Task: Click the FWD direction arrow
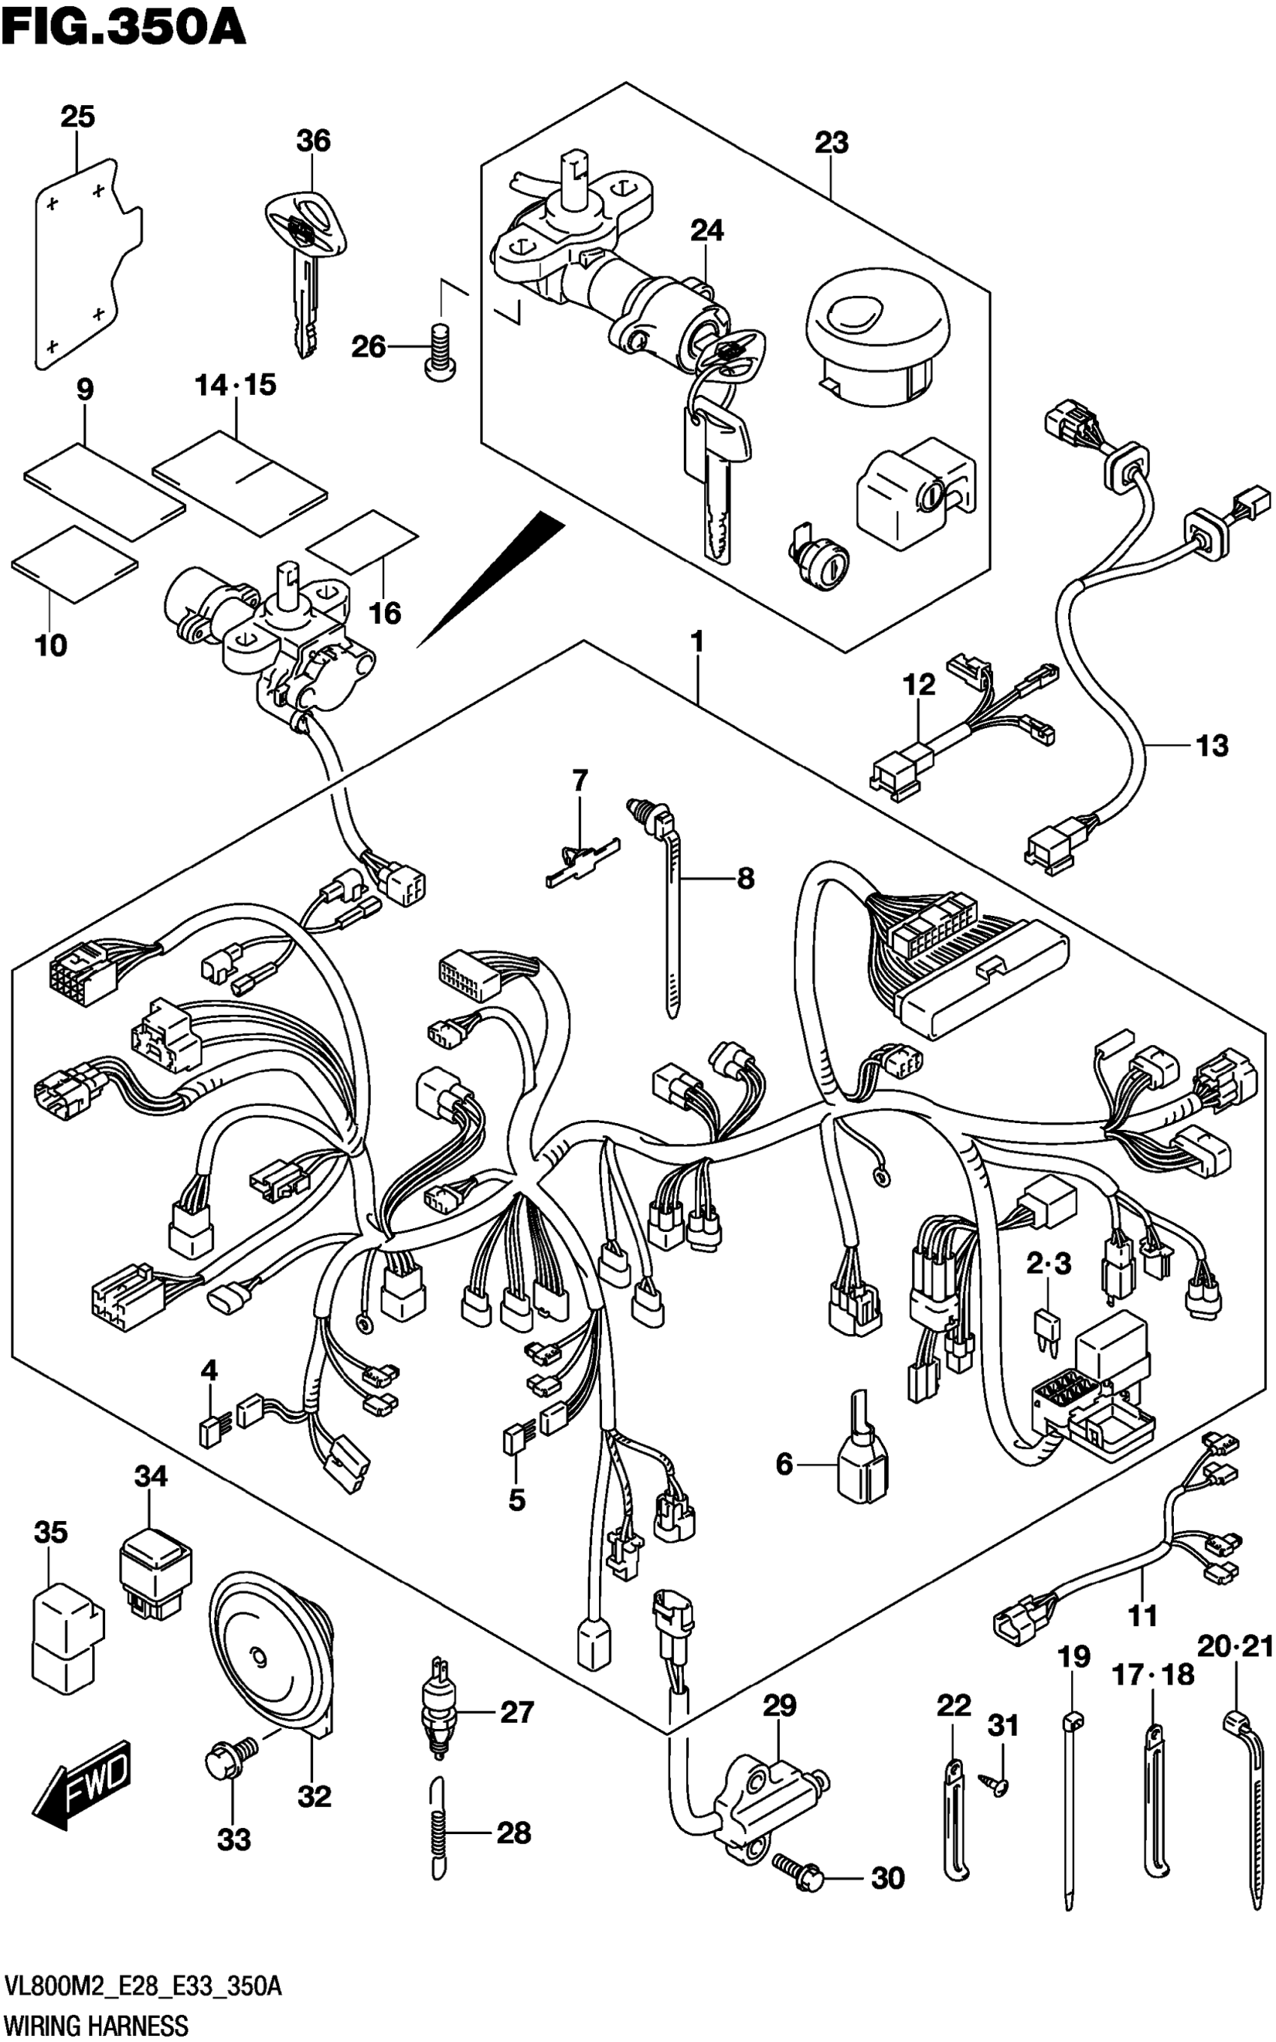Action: tap(82, 1781)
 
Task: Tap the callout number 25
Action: tap(77, 116)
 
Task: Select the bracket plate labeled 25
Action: tap(87, 264)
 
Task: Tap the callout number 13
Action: tap(1212, 745)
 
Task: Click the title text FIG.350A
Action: tap(123, 27)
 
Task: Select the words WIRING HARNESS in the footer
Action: tap(97, 2025)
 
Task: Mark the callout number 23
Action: tap(831, 143)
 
